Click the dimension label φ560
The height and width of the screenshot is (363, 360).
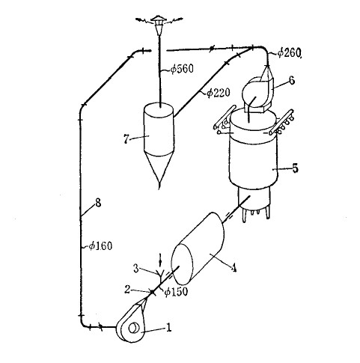(182, 69)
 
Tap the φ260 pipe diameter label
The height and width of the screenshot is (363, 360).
(289, 52)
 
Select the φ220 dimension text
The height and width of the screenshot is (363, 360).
(219, 93)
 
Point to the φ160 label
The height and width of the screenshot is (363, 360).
(101, 246)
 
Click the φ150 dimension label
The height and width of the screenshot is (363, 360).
(176, 291)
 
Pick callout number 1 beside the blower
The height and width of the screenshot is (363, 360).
(169, 328)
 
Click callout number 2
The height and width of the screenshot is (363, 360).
(127, 290)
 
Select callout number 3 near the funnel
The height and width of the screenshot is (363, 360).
(136, 269)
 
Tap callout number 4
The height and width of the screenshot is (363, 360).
(234, 268)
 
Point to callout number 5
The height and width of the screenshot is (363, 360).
(295, 168)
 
